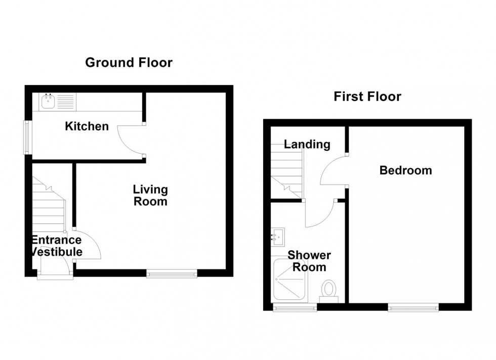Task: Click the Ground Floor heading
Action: [129, 63]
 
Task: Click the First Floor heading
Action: [367, 97]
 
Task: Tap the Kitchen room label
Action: [87, 126]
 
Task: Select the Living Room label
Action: [150, 196]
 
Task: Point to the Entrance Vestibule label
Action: [56, 246]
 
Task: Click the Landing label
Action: [307, 145]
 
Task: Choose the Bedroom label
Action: [406, 170]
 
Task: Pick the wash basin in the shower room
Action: [278, 236]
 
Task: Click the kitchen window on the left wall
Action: [28, 137]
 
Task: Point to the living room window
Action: [172, 274]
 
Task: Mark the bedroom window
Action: [413, 307]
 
